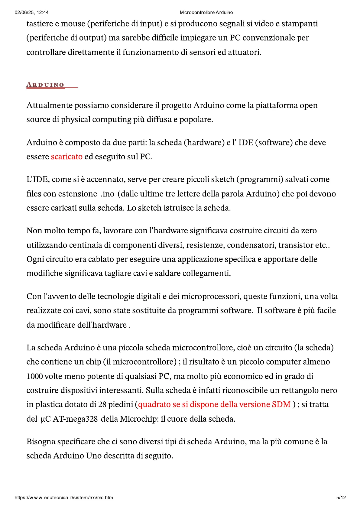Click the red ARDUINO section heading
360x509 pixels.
45,85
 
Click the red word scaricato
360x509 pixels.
66,157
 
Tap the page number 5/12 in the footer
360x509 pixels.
341,498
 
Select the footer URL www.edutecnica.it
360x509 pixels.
64,498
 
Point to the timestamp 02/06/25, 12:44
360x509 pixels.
31,12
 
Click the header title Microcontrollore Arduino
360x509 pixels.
206,12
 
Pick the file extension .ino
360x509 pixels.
107,194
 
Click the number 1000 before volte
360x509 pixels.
34,376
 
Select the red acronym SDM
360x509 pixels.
281,404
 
